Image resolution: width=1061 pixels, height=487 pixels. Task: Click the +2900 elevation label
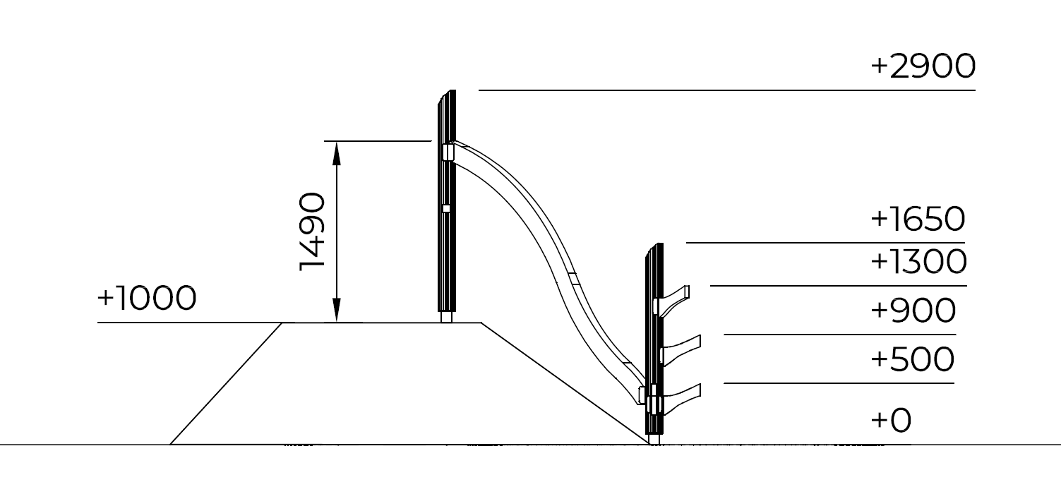[923, 67]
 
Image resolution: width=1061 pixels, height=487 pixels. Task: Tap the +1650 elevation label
[918, 220]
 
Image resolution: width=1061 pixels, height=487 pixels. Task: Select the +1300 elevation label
[919, 262]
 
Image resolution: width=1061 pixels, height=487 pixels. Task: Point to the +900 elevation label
[913, 311]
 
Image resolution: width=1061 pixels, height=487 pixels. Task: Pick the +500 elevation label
[913, 359]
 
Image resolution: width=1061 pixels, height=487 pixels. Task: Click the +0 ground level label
[891, 420]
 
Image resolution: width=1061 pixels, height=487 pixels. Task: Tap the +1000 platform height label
[147, 299]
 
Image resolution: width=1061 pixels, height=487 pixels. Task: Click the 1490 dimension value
[313, 232]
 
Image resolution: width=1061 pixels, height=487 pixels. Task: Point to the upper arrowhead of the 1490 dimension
[337, 153]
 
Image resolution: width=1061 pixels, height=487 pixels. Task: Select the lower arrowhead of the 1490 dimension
[337, 311]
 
